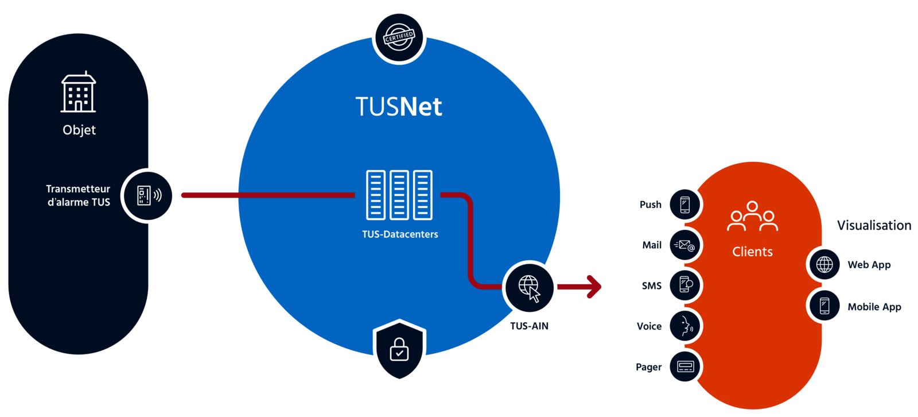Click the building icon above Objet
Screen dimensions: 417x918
79,92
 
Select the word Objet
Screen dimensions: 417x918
79,130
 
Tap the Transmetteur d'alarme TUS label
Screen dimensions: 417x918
78,195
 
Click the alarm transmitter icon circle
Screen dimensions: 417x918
149,196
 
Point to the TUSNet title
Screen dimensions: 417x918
399,107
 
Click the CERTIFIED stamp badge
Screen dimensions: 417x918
399,37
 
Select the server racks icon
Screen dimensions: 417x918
399,195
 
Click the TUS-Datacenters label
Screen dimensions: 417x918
400,234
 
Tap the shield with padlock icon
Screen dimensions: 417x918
399,350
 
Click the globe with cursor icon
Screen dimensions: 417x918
530,288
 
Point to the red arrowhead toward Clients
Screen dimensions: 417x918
594,287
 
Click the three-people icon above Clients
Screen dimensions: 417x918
752,217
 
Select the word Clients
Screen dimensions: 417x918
752,252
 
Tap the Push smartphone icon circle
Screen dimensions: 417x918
684,204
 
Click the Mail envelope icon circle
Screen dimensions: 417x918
684,245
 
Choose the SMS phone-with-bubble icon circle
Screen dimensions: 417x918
684,285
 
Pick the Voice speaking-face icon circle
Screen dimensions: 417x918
684,326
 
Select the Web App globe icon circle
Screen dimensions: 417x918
824,265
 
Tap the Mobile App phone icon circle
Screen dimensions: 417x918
824,306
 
